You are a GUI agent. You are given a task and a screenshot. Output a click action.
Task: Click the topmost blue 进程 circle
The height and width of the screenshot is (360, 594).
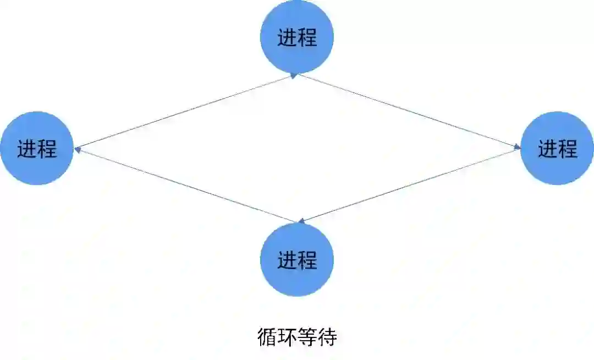point(297,37)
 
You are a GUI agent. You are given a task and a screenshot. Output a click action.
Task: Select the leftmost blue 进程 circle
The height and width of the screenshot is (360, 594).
point(37,148)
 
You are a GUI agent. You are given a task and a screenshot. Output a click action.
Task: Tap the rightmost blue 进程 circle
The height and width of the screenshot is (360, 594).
point(557,148)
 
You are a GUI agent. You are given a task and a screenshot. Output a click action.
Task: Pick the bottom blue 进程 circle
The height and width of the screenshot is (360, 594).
point(297,259)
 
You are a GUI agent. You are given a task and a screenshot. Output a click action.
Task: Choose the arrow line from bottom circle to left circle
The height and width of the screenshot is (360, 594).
point(187,186)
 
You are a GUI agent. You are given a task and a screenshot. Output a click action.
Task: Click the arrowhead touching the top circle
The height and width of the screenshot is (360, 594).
point(294,76)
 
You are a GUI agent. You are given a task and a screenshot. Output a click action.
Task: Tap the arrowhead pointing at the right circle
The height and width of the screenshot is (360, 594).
point(517,147)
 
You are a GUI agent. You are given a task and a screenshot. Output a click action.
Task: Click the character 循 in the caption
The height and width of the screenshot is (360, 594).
point(267,337)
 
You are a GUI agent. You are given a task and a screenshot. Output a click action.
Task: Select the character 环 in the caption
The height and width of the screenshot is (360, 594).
point(287,337)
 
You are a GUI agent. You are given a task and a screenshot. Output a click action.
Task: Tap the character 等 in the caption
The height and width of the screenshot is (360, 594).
point(307,337)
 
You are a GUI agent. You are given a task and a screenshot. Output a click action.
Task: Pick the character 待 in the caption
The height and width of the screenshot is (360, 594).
point(327,337)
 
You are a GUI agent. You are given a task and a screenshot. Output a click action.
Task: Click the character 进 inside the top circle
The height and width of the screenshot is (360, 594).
point(287,38)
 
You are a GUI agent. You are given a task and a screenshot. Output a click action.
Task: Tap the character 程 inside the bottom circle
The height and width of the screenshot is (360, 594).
point(307,260)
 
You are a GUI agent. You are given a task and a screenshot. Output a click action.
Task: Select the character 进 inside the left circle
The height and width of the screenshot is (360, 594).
point(27,149)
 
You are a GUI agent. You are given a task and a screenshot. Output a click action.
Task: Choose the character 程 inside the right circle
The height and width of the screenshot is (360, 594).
point(568,149)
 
